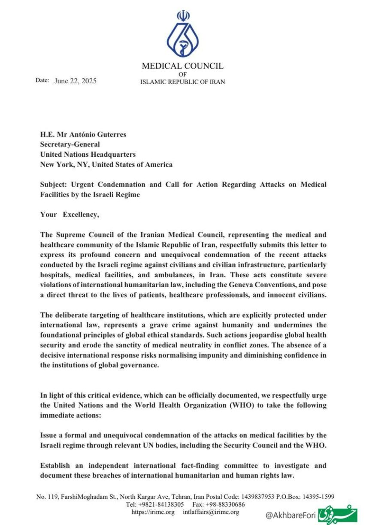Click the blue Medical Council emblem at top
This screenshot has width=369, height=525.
point(183,36)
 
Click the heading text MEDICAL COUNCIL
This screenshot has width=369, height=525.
point(183,66)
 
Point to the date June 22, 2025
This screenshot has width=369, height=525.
point(76,81)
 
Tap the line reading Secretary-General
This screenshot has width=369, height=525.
point(70,144)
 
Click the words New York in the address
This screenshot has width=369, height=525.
point(55,164)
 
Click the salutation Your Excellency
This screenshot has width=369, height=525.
point(70,215)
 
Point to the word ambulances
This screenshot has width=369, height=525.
point(214,274)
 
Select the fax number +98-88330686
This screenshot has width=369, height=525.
point(226,504)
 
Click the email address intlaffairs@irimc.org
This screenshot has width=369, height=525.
point(211,512)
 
